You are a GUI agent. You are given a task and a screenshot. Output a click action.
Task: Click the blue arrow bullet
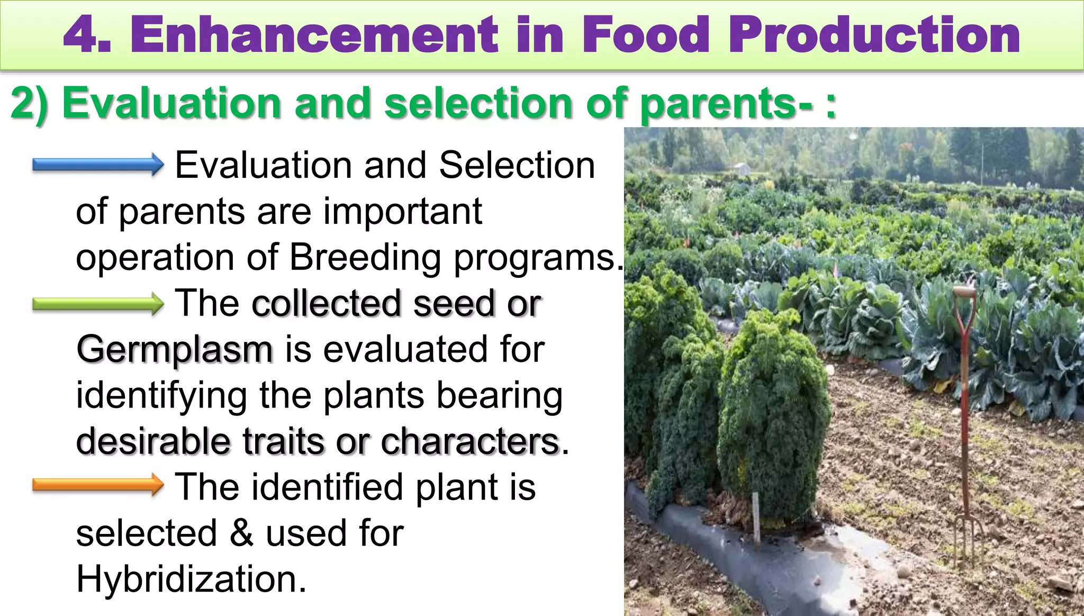pyautogui.click(x=98, y=165)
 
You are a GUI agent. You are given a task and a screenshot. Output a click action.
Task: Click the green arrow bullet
pyautogui.click(x=98, y=304)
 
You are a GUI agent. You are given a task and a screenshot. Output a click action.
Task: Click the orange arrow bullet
pyautogui.click(x=98, y=485)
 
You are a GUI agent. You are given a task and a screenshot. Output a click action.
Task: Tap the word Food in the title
pyautogui.click(x=646, y=34)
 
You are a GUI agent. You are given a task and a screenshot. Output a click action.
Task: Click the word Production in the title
pyautogui.click(x=874, y=34)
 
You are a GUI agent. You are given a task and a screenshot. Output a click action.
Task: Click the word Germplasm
pyautogui.click(x=175, y=350)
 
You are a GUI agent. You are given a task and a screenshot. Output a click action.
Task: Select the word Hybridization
pyautogui.click(x=191, y=579)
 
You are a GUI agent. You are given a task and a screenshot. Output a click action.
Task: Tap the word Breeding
pyautogui.click(x=365, y=258)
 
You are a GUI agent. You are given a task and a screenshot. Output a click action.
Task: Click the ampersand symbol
pyautogui.click(x=241, y=533)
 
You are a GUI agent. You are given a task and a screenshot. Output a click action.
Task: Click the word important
pyautogui.click(x=402, y=212)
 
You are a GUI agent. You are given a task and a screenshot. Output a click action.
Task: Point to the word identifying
pyautogui.click(x=161, y=396)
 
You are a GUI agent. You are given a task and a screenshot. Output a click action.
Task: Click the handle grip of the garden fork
pyautogui.click(x=964, y=292)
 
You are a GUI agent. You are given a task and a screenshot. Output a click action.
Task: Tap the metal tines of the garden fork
pyautogui.click(x=968, y=540)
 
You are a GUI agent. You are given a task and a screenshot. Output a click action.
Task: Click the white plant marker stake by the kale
pyautogui.click(x=756, y=519)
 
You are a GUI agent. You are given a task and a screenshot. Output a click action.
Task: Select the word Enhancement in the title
pyautogui.click(x=314, y=34)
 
